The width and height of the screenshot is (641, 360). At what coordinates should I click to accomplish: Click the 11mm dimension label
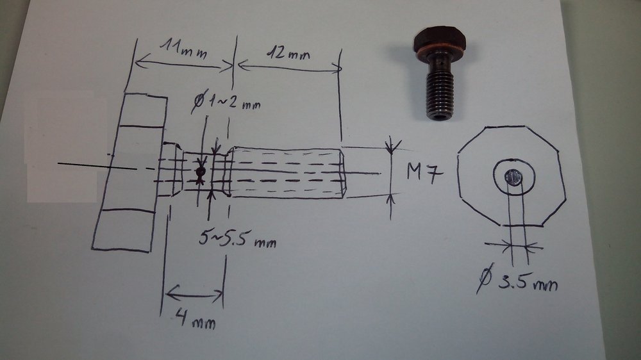tap(183, 50)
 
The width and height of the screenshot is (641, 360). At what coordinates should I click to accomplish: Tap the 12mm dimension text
tap(288, 53)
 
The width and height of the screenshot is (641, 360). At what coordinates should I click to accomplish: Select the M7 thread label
tap(425, 172)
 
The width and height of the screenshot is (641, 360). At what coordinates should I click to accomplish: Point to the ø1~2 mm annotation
tap(226, 101)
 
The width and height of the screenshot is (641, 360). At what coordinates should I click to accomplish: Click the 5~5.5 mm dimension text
tap(238, 239)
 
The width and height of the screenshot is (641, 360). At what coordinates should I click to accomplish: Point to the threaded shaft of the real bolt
tap(439, 94)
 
